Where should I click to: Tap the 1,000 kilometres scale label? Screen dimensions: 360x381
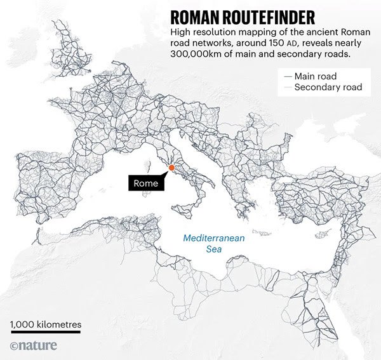(x=45, y=325)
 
